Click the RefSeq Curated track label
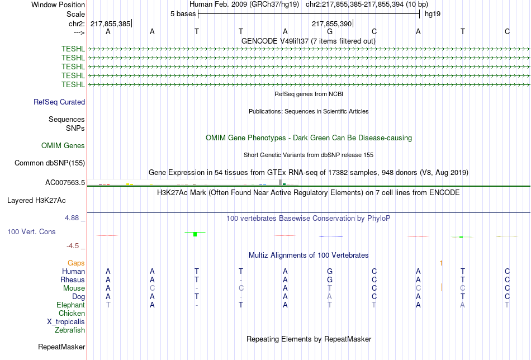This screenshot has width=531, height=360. pyautogui.click(x=59, y=102)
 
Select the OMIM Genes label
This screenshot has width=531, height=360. pyautogui.click(x=63, y=146)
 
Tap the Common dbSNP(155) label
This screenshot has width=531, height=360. pyautogui.click(x=50, y=163)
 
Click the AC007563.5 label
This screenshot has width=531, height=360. pyautogui.click(x=65, y=183)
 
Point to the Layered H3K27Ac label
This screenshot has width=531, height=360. pyautogui.click(x=36, y=201)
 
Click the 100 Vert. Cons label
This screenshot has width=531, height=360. pyautogui.click(x=31, y=231)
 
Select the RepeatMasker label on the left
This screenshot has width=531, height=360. pyautogui.click(x=61, y=347)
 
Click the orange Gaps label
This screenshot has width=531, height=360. pyautogui.click(x=76, y=263)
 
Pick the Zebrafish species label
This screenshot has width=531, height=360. pyautogui.click(x=70, y=330)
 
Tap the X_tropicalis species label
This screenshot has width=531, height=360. pyautogui.click(x=66, y=322)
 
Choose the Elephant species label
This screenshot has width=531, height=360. pyautogui.click(x=70, y=305)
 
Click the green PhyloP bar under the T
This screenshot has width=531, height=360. pyautogui.click(x=195, y=234)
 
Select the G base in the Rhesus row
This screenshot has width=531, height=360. pyautogui.click(x=330, y=280)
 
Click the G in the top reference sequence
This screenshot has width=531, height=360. pyautogui.click(x=330, y=31)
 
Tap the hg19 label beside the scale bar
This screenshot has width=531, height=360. pyautogui.click(x=433, y=14)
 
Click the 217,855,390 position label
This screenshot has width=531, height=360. pyautogui.click(x=331, y=23)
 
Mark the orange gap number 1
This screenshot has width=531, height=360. pyautogui.click(x=441, y=263)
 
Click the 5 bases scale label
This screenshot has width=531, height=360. pyautogui.click(x=183, y=14)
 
